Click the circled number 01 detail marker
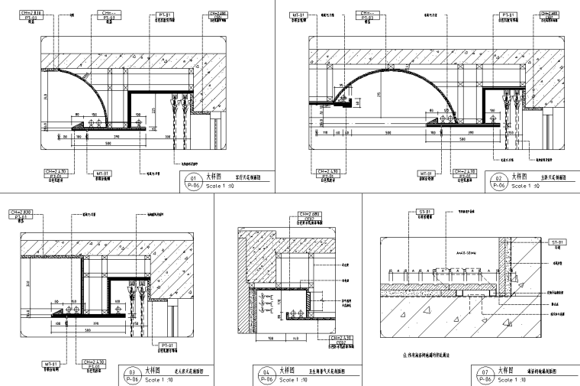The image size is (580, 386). pyautogui.click(x=192, y=180)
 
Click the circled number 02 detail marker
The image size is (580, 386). pyautogui.click(x=498, y=180)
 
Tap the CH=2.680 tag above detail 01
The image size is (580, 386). pyautogui.click(x=217, y=13)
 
